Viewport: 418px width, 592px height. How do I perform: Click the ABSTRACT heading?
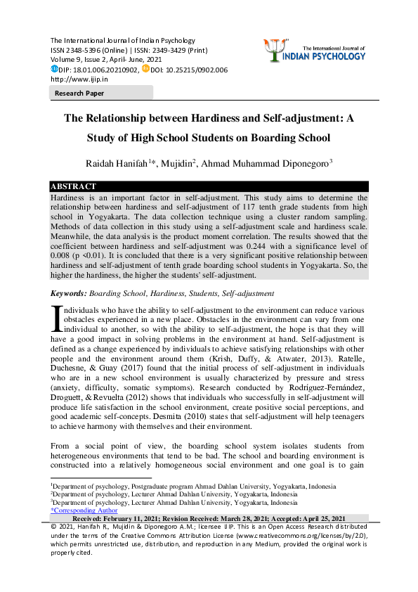73,186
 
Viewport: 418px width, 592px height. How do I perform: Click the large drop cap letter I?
56,317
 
